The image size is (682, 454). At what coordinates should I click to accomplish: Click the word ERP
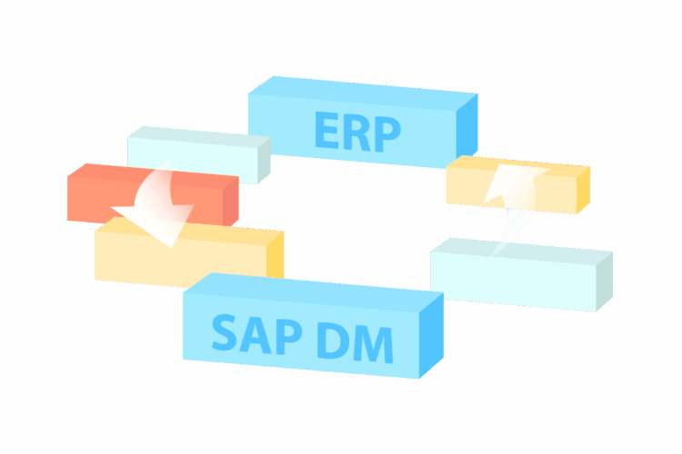(x=357, y=131)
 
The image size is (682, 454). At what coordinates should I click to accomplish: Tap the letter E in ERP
(x=326, y=129)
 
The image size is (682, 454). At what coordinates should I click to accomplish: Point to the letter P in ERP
(x=387, y=133)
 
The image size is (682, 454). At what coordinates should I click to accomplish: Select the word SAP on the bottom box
(x=256, y=333)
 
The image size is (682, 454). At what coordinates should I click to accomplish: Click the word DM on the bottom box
(x=355, y=342)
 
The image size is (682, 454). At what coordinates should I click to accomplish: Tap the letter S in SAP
(x=225, y=332)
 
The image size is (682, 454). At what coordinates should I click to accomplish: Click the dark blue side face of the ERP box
(x=466, y=126)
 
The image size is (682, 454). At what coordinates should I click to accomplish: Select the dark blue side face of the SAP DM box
(x=431, y=335)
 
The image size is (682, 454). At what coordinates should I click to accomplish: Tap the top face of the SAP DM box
(x=313, y=292)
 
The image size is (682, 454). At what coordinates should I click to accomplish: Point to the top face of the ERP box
(x=363, y=94)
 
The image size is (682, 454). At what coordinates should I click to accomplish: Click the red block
(x=153, y=195)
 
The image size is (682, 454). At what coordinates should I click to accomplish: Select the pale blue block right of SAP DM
(x=522, y=274)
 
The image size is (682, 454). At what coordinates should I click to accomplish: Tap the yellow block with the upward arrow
(x=517, y=184)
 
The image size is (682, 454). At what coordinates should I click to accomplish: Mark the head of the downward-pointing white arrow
(x=157, y=222)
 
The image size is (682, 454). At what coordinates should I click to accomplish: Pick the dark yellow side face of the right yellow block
(x=583, y=191)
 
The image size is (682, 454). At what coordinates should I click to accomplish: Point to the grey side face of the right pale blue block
(x=605, y=281)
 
